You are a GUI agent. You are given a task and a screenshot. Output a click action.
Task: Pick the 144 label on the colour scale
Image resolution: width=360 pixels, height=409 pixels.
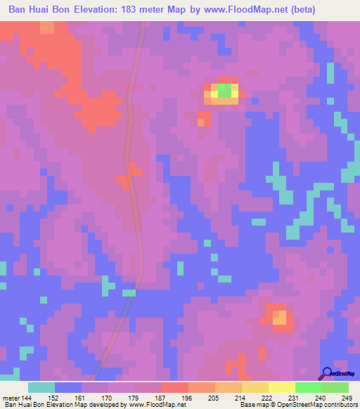pos(27,397)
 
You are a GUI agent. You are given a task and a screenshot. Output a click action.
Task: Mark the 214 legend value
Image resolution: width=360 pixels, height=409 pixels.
pos(228,397)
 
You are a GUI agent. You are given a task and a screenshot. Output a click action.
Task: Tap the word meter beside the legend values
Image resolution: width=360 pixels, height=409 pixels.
pos(10,397)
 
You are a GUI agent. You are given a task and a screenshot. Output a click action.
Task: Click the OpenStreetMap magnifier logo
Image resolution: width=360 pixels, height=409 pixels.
pos(328,372)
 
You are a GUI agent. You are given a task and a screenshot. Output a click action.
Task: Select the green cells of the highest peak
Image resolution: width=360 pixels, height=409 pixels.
pos(224,91)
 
